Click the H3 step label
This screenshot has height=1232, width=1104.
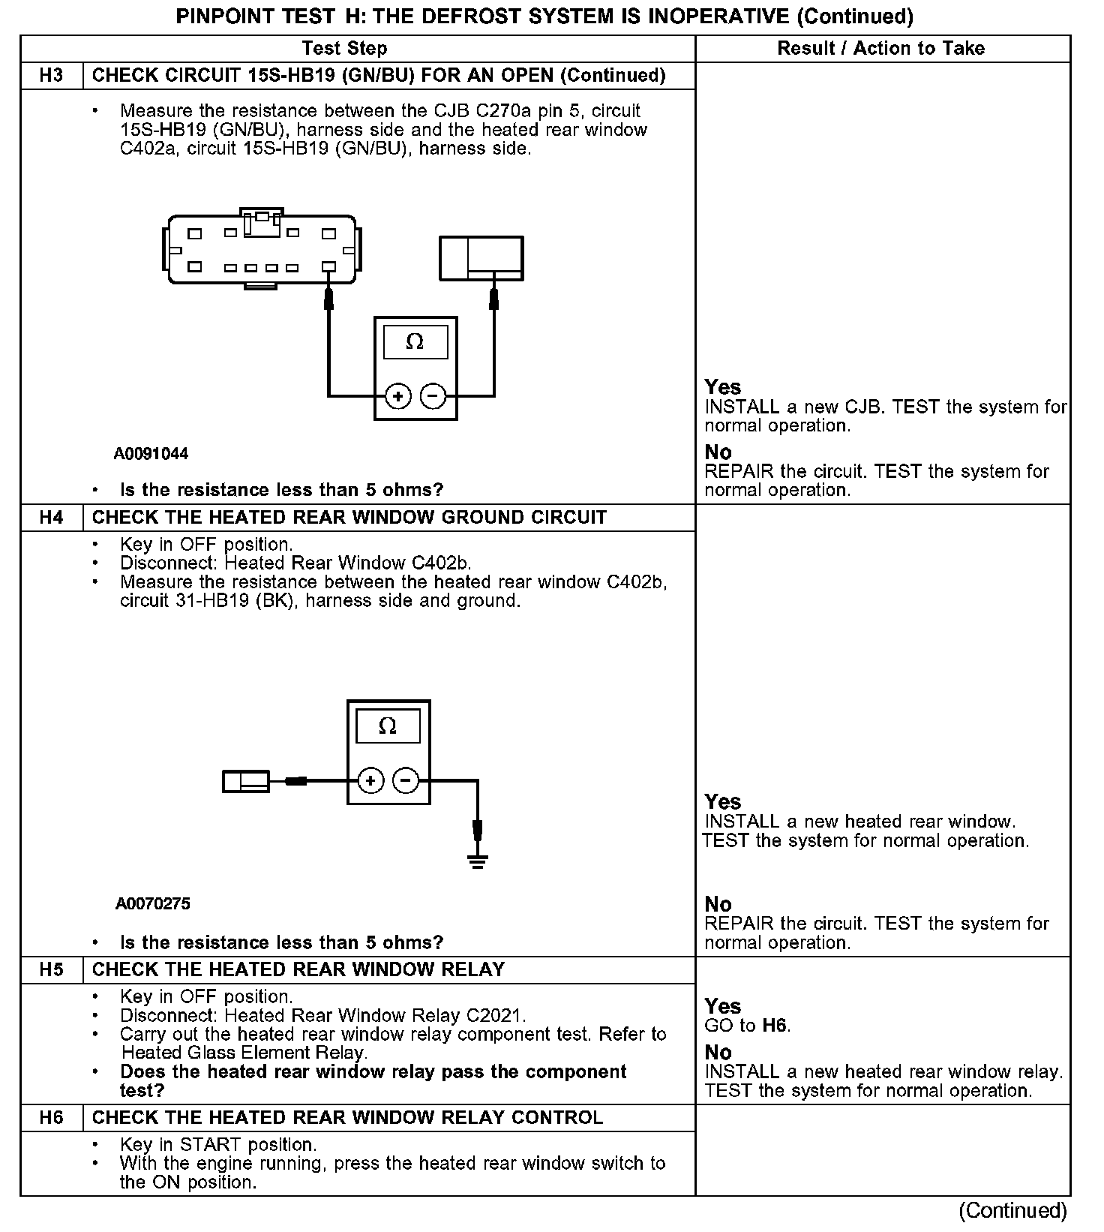click(x=51, y=76)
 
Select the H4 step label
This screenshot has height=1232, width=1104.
click(x=51, y=518)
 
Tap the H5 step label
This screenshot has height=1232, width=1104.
click(x=51, y=969)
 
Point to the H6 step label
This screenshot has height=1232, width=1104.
click(x=51, y=1118)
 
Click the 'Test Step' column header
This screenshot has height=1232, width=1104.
click(x=344, y=49)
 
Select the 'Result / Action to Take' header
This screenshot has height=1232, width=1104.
click(x=880, y=49)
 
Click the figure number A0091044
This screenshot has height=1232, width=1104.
click(x=151, y=454)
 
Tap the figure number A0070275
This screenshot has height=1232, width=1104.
click(x=152, y=904)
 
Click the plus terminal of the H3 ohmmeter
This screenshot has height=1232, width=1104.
click(x=398, y=395)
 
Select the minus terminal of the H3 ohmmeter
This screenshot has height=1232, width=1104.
click(x=433, y=395)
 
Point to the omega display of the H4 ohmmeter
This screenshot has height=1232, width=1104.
click(x=388, y=726)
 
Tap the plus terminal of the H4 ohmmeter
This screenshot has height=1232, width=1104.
click(x=370, y=781)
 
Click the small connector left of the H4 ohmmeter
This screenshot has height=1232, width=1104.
click(x=246, y=782)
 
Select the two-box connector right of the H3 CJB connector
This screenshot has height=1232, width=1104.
click(x=481, y=258)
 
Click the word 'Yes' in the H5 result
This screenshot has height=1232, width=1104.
click(x=722, y=1006)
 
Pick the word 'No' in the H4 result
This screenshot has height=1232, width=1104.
click(x=718, y=904)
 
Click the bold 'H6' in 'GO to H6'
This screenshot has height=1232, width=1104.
click(x=775, y=1026)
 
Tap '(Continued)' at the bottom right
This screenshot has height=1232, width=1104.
click(x=1012, y=1211)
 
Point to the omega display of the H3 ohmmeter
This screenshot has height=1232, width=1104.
click(x=415, y=342)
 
